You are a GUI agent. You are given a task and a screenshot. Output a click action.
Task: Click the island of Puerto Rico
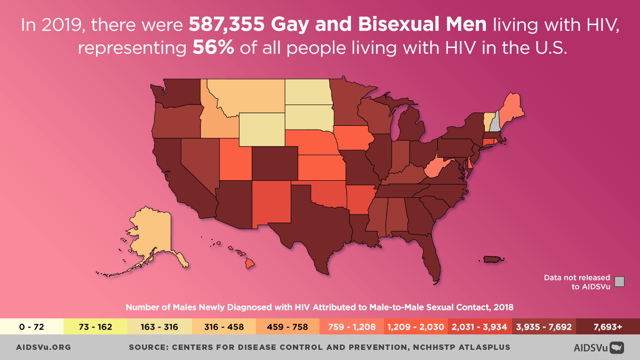[x=492, y=259]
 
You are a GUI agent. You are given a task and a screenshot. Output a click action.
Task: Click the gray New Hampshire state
[x=495, y=123]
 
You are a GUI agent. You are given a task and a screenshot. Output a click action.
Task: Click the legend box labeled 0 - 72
[x=32, y=327]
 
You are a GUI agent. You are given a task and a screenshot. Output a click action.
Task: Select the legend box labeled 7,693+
[x=608, y=327]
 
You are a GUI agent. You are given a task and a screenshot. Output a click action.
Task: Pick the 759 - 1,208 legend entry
[x=352, y=327]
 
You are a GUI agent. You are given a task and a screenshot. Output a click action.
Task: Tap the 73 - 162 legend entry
[x=96, y=327]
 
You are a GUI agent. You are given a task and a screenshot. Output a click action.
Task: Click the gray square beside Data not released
[x=619, y=282]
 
